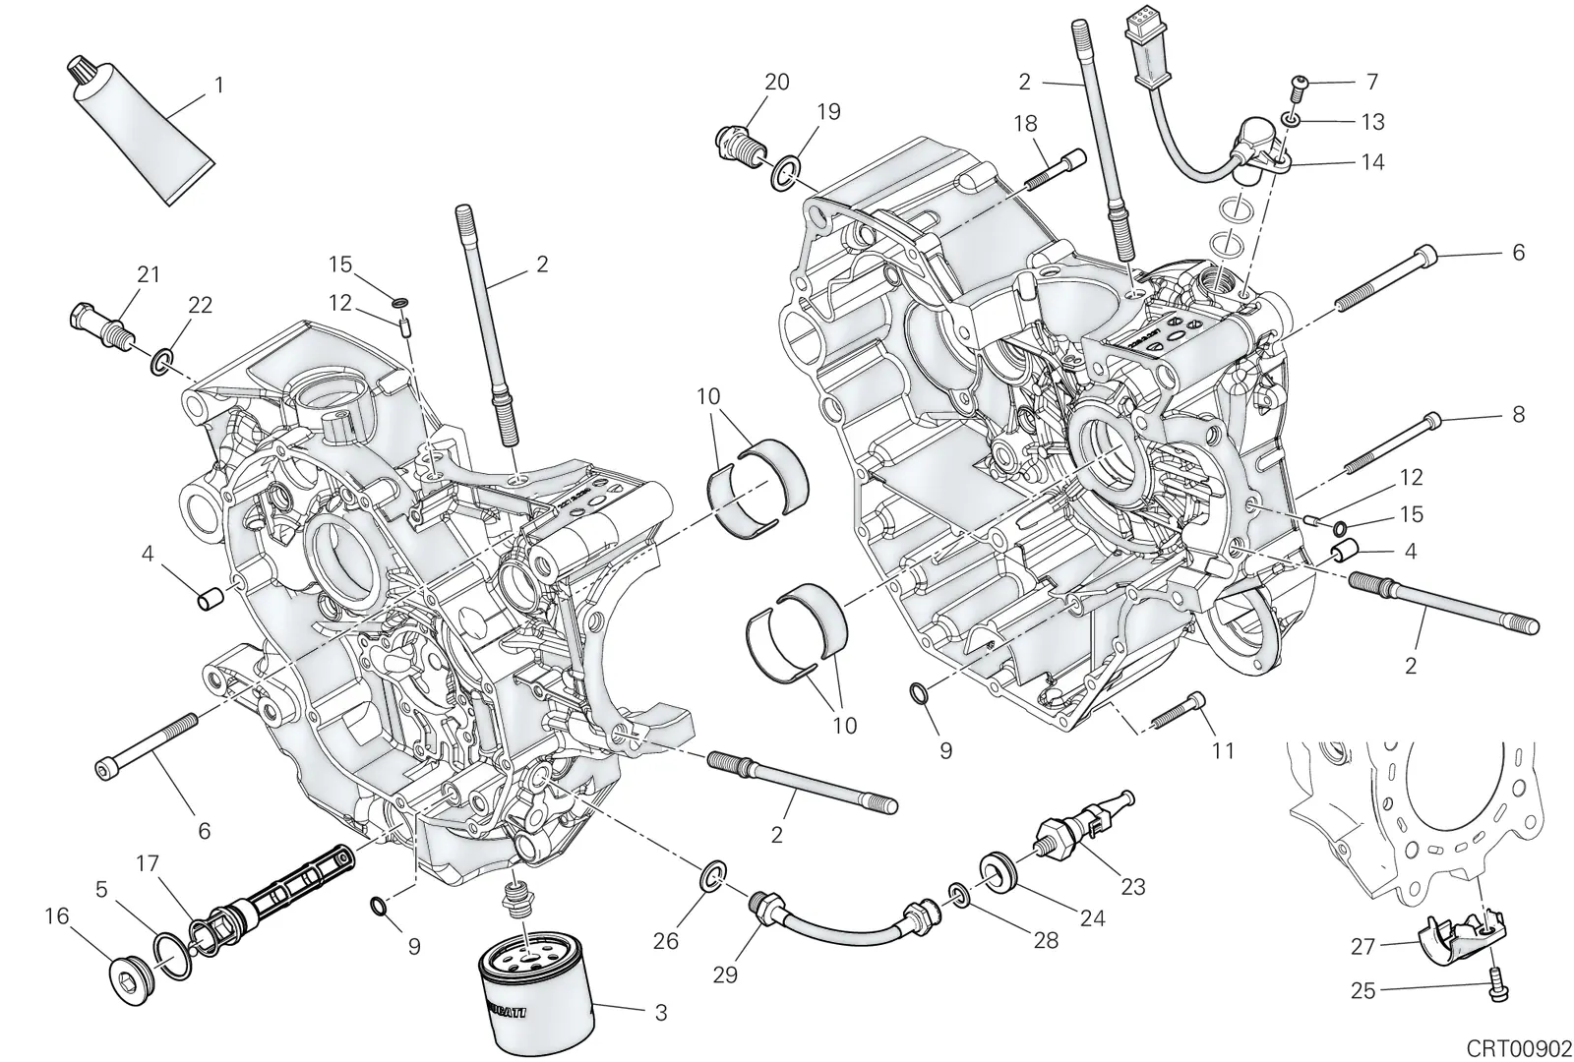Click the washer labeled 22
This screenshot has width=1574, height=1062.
(x=162, y=360)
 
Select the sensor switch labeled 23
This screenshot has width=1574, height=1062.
(x=1082, y=824)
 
